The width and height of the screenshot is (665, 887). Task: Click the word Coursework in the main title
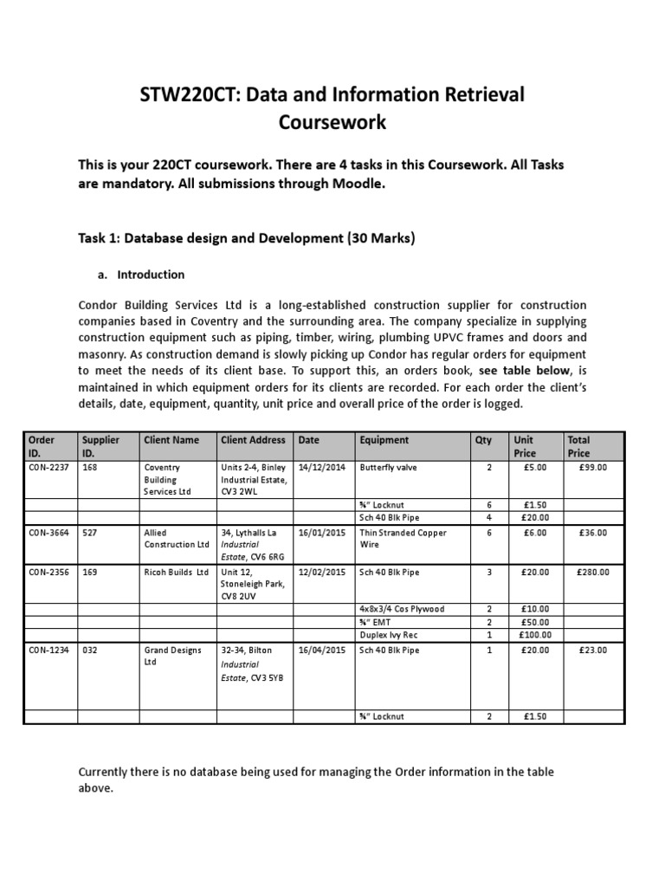click(x=332, y=123)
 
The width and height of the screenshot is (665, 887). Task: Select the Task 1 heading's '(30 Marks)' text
click(x=381, y=238)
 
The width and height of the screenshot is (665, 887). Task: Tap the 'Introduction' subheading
click(x=151, y=275)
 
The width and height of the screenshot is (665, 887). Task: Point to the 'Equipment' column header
click(x=384, y=440)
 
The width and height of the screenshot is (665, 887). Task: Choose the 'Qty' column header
click(x=483, y=440)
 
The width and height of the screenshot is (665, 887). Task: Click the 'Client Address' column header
click(x=253, y=440)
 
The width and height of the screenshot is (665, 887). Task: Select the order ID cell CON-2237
click(x=48, y=467)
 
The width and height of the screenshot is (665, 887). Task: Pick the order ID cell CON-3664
click(x=48, y=533)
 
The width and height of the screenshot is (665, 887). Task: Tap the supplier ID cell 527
click(x=90, y=533)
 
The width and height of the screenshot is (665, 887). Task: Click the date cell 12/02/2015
click(x=322, y=572)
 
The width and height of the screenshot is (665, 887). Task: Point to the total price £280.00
click(x=592, y=572)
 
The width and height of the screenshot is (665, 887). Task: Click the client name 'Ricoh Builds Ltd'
click(x=177, y=572)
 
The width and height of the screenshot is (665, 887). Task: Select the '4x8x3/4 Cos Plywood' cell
click(x=402, y=609)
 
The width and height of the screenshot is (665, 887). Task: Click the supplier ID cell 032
click(x=90, y=650)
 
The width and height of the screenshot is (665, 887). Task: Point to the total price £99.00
click(x=594, y=467)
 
